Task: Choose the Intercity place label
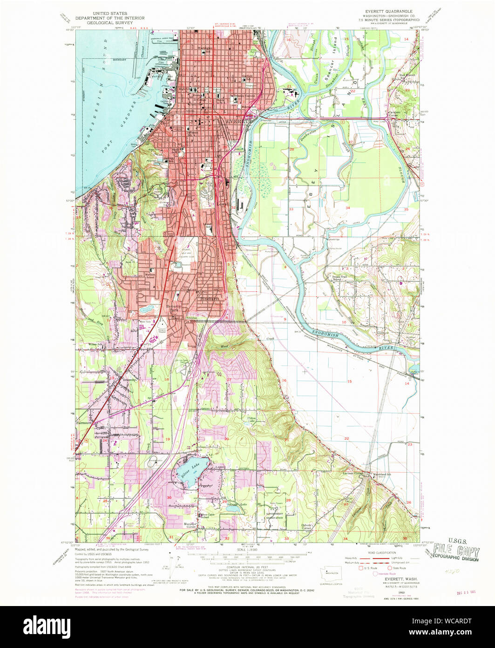129,380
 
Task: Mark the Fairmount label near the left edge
84,423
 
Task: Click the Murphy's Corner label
192,524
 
